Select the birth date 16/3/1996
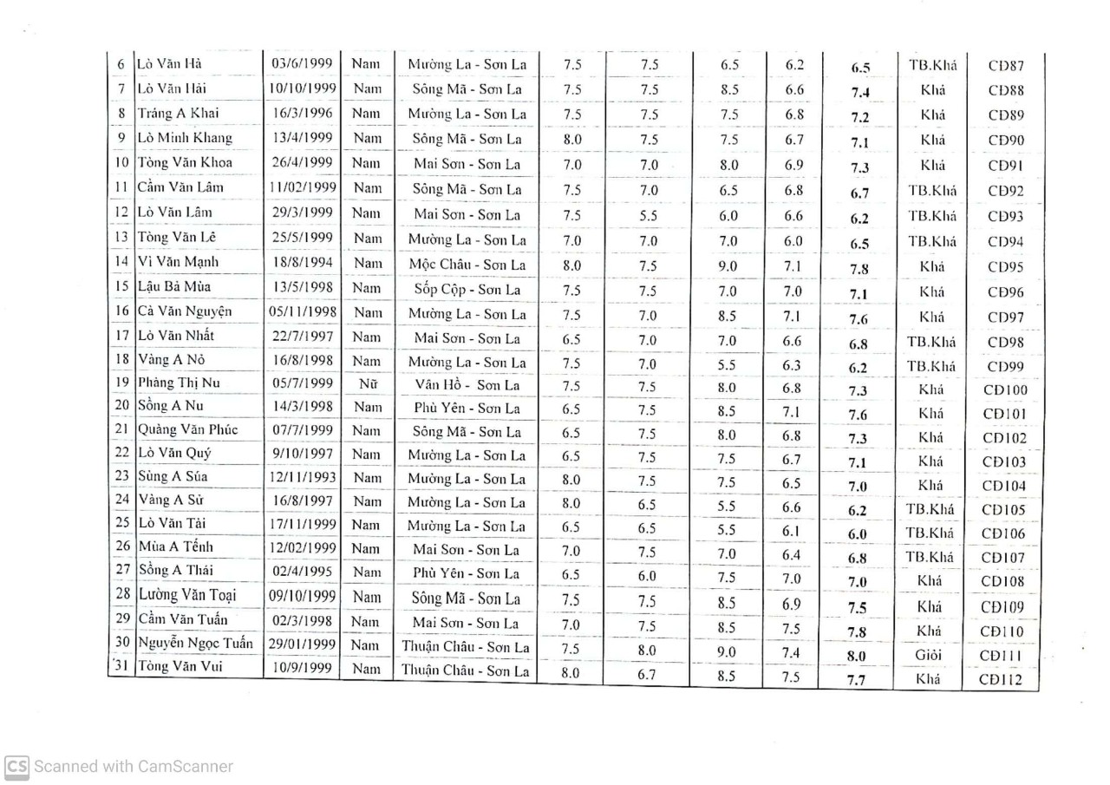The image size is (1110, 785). click(x=303, y=113)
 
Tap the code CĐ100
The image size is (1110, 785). click(x=1005, y=390)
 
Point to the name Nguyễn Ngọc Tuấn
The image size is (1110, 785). click(x=196, y=643)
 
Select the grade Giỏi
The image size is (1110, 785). click(x=929, y=656)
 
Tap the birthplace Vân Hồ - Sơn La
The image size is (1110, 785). click(x=467, y=384)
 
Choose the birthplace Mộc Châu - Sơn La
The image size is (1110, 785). click(x=467, y=265)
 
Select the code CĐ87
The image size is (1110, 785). click(x=1006, y=65)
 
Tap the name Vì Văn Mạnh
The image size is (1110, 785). click(x=178, y=261)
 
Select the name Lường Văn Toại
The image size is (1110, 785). click(x=187, y=595)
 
